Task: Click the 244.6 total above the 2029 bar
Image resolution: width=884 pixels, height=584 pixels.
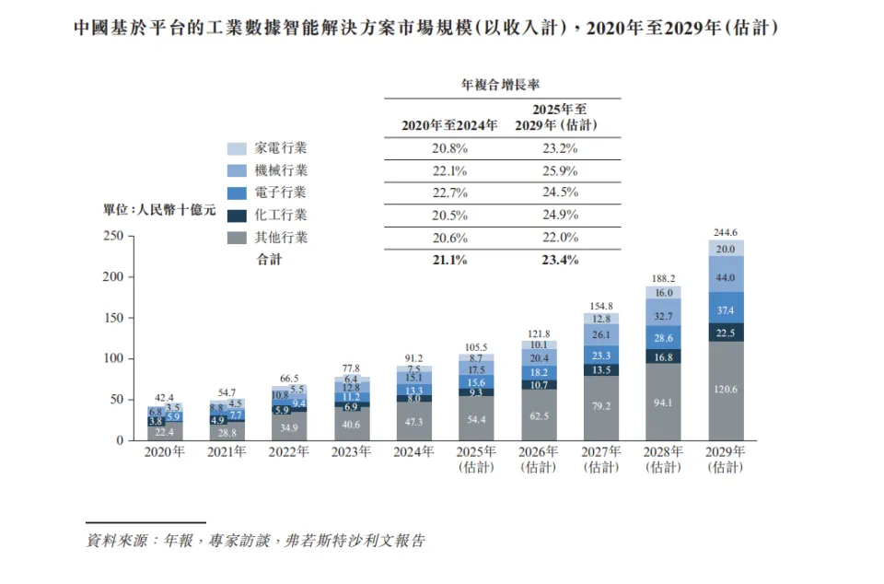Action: [x=726, y=232]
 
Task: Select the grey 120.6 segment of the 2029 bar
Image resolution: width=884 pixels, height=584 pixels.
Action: [x=726, y=390]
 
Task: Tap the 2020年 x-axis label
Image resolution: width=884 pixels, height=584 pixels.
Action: [x=165, y=452]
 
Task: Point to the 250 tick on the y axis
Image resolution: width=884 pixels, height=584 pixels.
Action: [x=113, y=236]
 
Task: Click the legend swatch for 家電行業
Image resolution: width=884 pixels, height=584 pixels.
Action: [x=237, y=148]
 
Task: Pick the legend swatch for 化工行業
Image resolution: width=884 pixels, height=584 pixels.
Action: [x=237, y=216]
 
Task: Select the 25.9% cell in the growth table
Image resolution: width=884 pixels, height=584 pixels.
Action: [x=559, y=170]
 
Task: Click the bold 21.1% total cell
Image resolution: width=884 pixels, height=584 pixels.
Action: [x=448, y=260]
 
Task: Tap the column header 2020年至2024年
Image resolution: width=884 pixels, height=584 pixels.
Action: [x=448, y=125]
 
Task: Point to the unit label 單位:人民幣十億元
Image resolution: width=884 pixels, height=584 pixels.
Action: [x=158, y=211]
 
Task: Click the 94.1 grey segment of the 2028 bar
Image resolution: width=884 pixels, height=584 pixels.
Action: [x=663, y=402]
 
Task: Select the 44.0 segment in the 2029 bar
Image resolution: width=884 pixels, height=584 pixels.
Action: [x=726, y=277]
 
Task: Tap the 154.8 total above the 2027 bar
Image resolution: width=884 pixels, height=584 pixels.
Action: [x=599, y=306]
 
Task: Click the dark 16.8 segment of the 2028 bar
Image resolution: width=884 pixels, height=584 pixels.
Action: [x=663, y=356]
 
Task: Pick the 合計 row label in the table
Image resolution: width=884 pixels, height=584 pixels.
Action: [x=269, y=260]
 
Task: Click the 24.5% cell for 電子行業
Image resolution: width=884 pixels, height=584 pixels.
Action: [x=559, y=193]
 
